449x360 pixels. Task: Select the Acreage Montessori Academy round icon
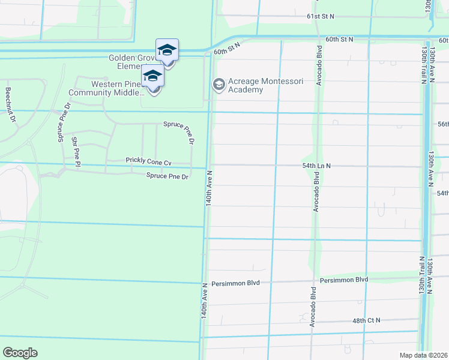218,84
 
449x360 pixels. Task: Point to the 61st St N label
320,17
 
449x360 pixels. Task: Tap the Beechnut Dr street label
10,105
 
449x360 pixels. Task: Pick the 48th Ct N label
367,320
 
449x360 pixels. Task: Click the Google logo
20,353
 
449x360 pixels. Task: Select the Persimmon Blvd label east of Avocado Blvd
344,280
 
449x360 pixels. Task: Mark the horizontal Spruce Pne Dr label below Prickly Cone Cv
167,176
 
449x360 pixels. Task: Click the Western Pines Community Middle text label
106,89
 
